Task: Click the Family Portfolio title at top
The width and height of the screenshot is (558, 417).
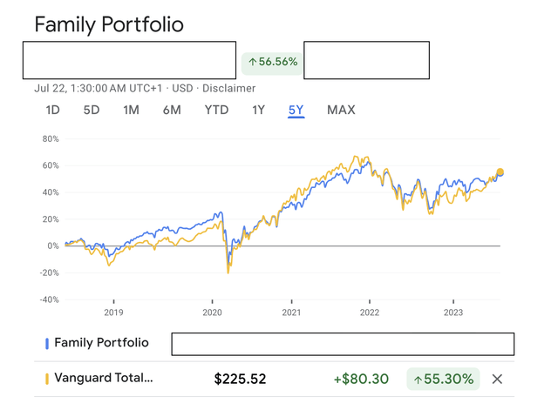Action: click(x=109, y=24)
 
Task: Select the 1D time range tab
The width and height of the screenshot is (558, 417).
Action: click(x=53, y=110)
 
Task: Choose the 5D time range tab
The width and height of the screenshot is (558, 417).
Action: click(x=92, y=110)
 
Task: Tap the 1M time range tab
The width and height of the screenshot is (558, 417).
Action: click(x=131, y=110)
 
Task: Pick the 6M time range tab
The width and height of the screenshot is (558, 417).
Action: click(x=171, y=110)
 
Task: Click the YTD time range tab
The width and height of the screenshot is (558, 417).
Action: click(x=216, y=110)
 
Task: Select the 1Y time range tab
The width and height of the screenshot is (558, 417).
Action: click(x=258, y=110)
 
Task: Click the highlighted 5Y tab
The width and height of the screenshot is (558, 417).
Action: click(x=296, y=110)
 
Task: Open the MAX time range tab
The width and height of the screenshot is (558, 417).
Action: click(x=341, y=110)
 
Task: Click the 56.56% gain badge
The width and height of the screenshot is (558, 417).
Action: click(x=273, y=62)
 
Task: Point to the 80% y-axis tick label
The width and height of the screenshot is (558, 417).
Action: click(x=50, y=138)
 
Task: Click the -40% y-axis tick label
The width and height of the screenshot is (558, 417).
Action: click(x=47, y=299)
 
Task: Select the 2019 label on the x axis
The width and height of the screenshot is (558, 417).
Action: click(x=113, y=312)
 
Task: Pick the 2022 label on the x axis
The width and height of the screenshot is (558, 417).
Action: click(x=370, y=312)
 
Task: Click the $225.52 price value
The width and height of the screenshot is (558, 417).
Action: click(x=240, y=379)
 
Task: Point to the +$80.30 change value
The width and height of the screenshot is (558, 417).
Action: click(x=360, y=379)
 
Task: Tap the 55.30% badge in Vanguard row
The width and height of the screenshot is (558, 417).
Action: click(x=443, y=379)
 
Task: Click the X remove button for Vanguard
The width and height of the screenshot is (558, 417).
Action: click(x=497, y=379)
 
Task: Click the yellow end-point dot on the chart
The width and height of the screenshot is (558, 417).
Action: click(x=500, y=172)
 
